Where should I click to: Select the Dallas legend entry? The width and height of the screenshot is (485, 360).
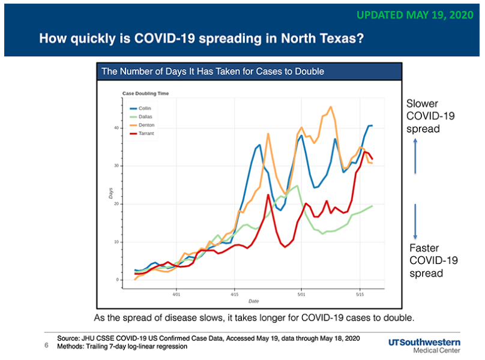pos(141,116)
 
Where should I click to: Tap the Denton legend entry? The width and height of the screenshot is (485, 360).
pos(142,125)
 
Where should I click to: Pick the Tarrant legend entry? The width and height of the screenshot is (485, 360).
pos(142,133)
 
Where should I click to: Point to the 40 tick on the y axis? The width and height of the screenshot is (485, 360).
pos(116,128)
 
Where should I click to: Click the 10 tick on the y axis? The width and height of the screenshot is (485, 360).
pos(116,242)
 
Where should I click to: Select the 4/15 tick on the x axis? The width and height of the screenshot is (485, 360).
pos(235,295)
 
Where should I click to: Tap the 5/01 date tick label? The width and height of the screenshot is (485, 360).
pos(301,295)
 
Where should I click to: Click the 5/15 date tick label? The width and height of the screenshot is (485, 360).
pos(360,295)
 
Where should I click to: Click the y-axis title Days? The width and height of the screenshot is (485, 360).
pos(110,193)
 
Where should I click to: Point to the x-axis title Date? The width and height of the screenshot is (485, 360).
pos(254,301)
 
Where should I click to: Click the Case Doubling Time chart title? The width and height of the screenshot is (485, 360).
pos(145,94)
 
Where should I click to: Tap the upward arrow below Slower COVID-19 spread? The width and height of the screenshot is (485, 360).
pos(415,156)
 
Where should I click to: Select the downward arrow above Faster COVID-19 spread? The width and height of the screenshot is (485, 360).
pos(415,221)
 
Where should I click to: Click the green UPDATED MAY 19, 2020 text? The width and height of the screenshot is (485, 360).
pos(415,15)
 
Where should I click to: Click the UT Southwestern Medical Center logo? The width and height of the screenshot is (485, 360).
pos(424,346)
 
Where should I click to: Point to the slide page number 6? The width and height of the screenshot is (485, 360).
pos(46,345)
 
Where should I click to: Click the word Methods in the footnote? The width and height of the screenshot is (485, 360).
pos(70,346)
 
